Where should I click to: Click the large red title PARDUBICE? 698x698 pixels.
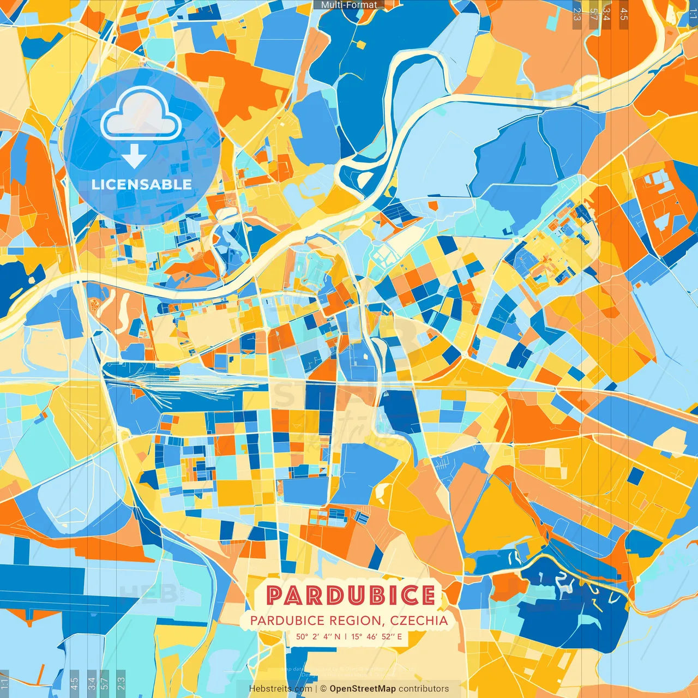pyautogui.click(x=351, y=595)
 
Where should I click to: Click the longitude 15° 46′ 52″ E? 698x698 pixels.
pyautogui.click(x=376, y=636)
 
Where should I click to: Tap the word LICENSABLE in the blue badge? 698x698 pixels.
pyautogui.click(x=141, y=184)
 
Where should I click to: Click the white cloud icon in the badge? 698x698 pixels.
pyautogui.click(x=141, y=115)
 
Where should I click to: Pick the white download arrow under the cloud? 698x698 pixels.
pyautogui.click(x=134, y=157)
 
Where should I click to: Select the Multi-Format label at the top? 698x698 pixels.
pyautogui.click(x=349, y=5)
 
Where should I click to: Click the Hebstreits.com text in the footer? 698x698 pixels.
pyautogui.click(x=280, y=689)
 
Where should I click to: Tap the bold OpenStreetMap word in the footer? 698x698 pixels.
pyautogui.click(x=362, y=689)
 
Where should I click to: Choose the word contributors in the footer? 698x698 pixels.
pyautogui.click(x=424, y=689)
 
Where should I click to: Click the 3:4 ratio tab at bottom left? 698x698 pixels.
pyautogui.click(x=92, y=683)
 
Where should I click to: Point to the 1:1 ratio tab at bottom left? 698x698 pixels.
pyautogui.click(x=5, y=683)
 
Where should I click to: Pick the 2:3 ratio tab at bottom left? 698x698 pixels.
pyautogui.click(x=121, y=683)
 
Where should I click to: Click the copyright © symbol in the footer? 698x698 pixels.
pyautogui.click(x=323, y=689)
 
